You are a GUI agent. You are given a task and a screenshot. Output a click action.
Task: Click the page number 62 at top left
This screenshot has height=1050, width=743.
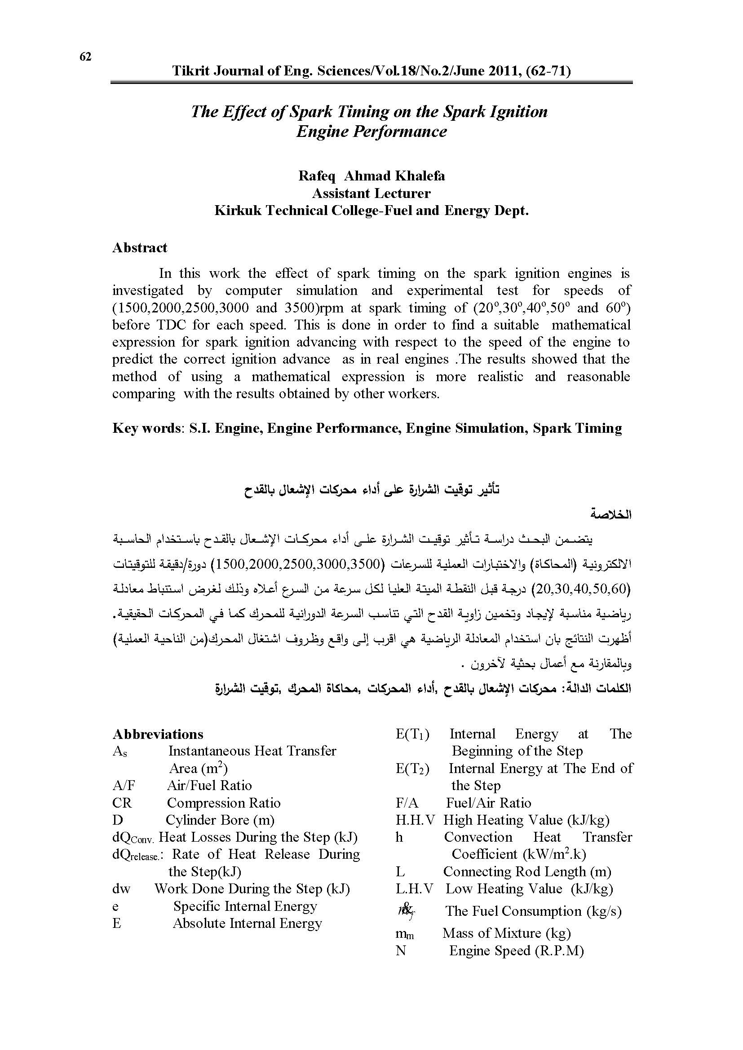pos(85,57)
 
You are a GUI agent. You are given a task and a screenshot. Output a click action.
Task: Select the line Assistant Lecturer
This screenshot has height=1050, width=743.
pos(371,193)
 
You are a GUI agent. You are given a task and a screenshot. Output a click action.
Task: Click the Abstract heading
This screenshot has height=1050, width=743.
pos(140,248)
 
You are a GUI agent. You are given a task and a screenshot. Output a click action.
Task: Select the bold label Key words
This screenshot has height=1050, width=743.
pos(146,429)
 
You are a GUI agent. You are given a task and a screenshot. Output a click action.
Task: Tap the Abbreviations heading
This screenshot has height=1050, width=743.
pos(158,734)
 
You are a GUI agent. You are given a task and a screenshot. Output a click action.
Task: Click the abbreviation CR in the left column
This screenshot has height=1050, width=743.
pos(122,803)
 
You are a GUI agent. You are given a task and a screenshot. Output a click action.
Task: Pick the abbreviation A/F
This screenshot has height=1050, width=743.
pos(124,786)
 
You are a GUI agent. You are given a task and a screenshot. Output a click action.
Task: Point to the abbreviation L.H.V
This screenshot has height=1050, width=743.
pos(415,888)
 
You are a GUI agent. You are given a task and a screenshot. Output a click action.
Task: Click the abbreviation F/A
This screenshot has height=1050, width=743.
pos(407,803)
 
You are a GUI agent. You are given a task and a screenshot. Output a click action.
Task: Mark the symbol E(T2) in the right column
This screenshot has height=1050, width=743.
pos(412,769)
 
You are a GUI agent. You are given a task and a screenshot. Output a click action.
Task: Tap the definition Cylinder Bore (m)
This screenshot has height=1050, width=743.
pos(220,820)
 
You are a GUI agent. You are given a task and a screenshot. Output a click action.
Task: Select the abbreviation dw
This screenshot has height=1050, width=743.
pos(121,889)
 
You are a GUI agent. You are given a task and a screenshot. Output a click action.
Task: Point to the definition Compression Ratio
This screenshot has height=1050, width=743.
pos(223,803)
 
